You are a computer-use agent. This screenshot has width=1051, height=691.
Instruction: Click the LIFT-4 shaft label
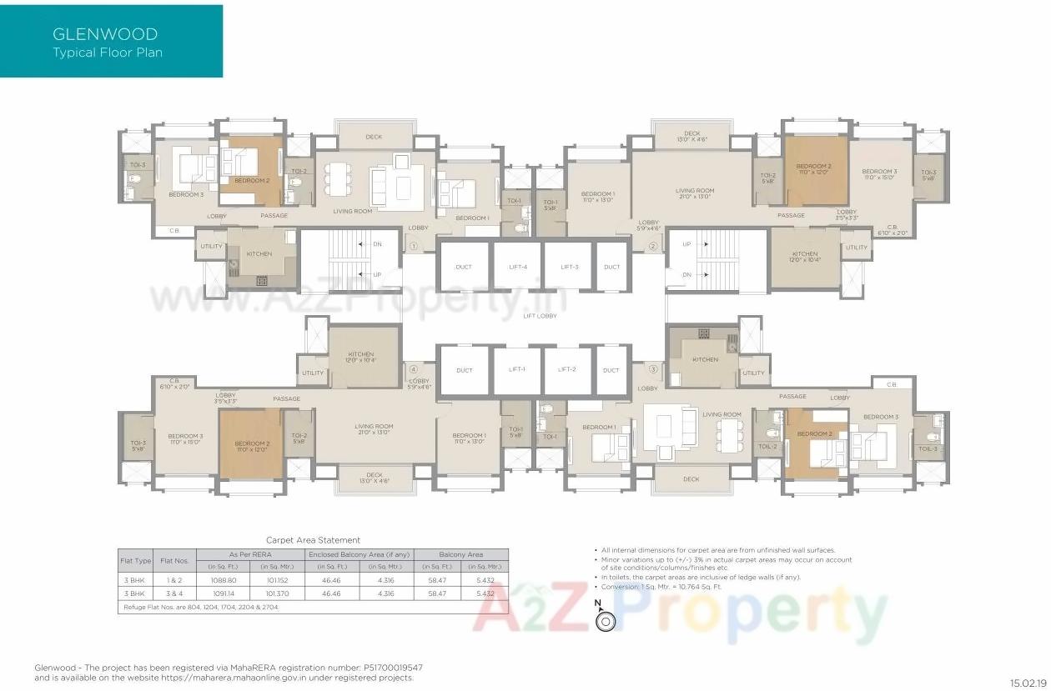pos(518,267)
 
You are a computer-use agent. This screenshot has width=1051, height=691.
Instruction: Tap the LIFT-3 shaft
pos(570,267)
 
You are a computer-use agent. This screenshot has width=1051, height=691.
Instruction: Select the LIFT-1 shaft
pos(518,369)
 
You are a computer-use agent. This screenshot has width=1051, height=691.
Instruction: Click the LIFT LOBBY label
pos(540,316)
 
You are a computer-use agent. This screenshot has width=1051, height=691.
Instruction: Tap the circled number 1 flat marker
pos(412,246)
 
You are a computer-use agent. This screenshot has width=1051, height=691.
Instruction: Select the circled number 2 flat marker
pos(653,246)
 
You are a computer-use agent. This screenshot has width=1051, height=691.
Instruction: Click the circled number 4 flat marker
pos(412,369)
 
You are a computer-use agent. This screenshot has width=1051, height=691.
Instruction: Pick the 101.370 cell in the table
pos(276,593)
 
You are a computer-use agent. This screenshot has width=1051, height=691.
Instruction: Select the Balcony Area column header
pos(460,554)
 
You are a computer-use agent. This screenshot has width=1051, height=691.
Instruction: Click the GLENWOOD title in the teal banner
pos(105,34)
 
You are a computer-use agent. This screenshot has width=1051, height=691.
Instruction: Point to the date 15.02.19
pos(1027,683)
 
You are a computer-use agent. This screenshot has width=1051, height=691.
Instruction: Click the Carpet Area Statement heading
pos(313,540)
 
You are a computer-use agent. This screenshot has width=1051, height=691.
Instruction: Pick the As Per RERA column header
pos(250,554)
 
